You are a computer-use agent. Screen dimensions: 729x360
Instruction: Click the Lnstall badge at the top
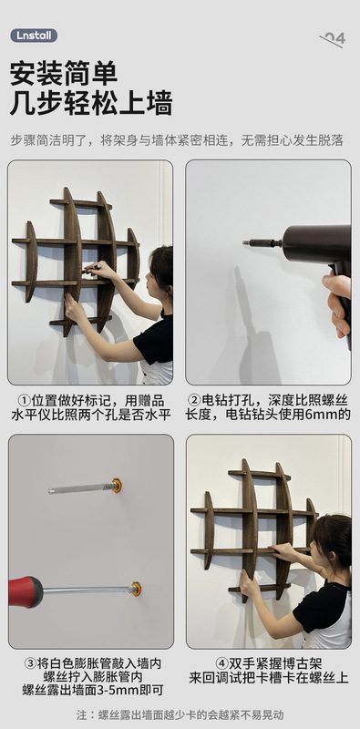(34, 36)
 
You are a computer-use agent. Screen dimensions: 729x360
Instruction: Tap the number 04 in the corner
(334, 38)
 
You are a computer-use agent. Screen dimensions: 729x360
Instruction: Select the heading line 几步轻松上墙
(91, 103)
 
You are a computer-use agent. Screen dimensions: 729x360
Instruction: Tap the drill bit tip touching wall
(247, 243)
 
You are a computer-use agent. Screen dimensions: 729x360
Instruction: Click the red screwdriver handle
(25, 590)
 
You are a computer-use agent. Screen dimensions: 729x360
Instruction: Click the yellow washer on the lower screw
(136, 589)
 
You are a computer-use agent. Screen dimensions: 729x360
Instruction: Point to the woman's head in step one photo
(161, 266)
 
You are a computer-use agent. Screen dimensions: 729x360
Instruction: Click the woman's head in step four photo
(334, 540)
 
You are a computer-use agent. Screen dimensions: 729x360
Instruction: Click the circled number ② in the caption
(194, 399)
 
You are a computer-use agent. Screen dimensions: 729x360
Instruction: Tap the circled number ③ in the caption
(30, 662)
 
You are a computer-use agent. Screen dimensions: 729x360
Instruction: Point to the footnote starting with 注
(180, 714)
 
